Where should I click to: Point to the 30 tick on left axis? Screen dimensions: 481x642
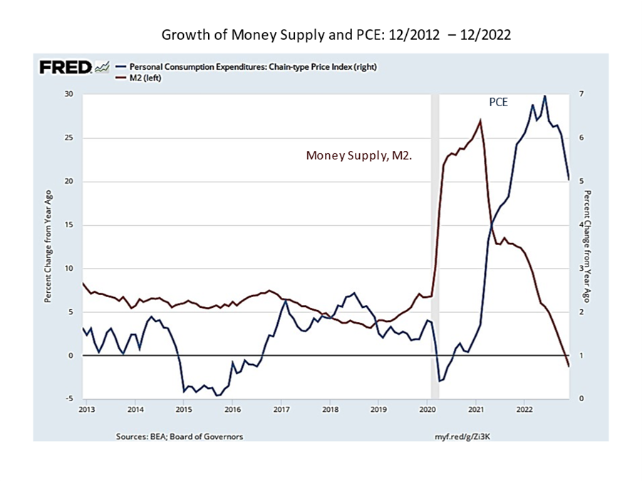pos(69,94)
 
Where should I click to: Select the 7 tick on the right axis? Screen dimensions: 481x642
pos(581,94)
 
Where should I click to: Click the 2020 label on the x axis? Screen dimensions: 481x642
pos(427,410)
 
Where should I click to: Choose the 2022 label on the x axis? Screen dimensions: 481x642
pos(524,410)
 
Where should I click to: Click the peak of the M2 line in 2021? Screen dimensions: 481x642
pos(480,120)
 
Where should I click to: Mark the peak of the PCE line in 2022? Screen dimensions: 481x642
pos(545,95)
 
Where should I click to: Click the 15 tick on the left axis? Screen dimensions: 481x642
pos(69,225)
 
